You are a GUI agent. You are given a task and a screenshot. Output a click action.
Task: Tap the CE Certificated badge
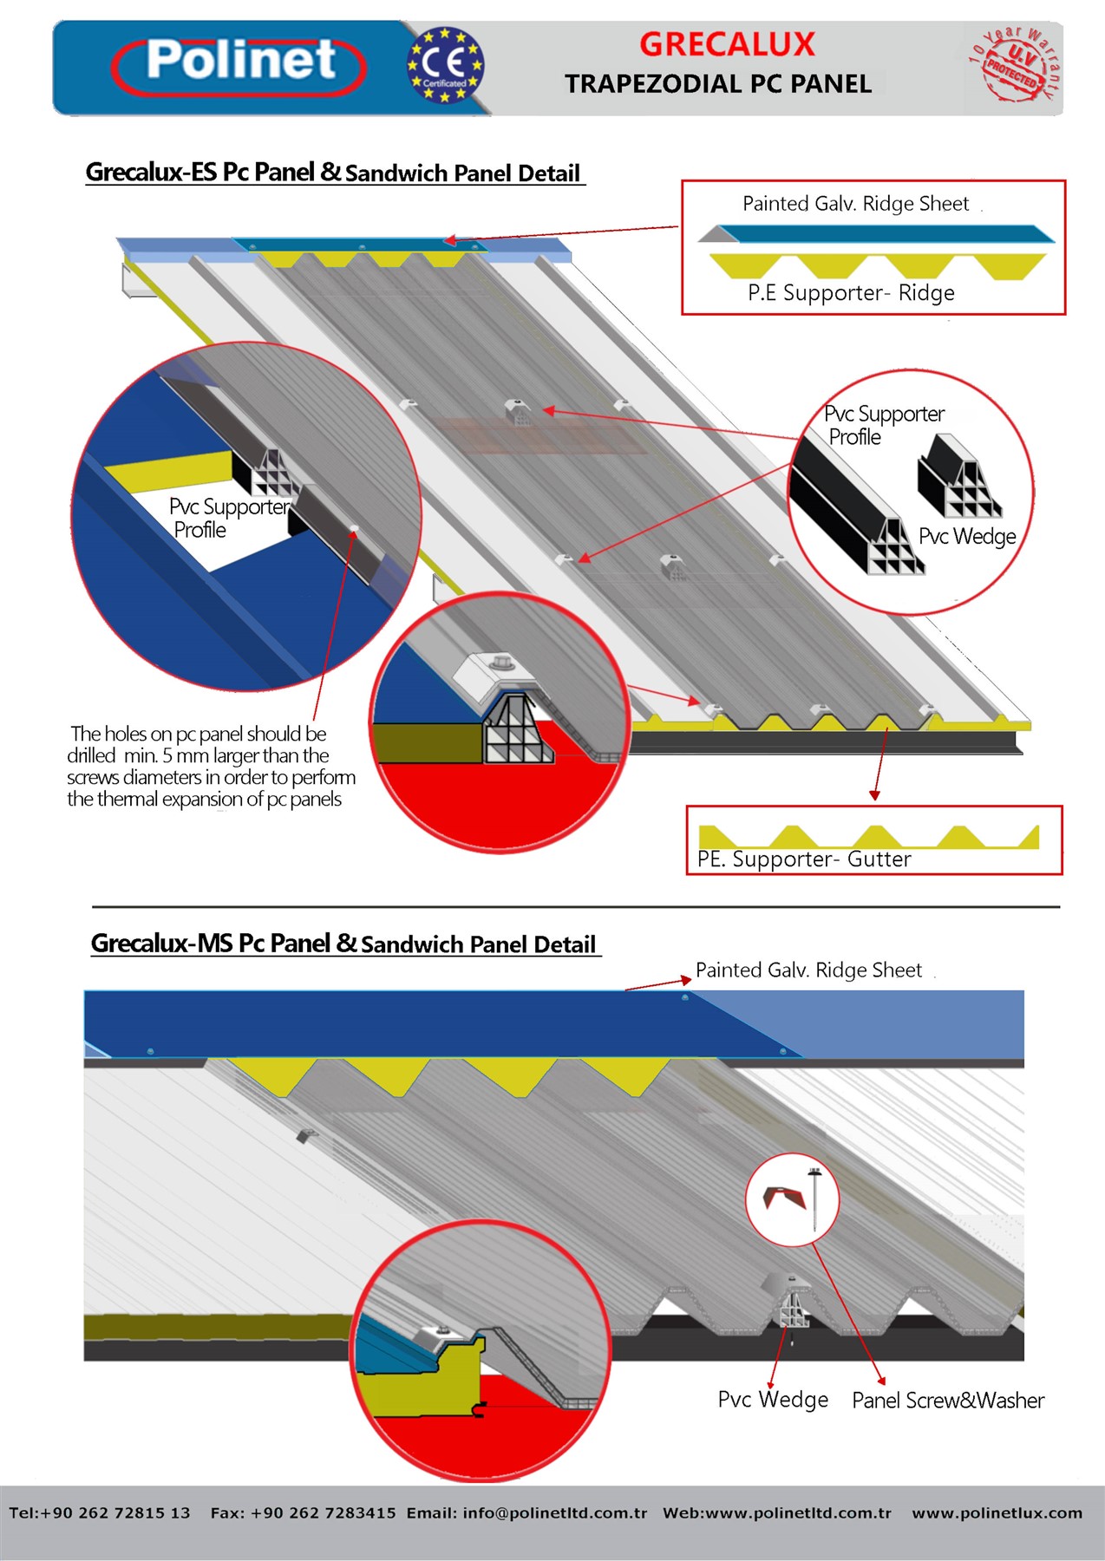[445, 65]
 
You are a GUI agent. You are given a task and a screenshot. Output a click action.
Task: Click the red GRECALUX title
[727, 43]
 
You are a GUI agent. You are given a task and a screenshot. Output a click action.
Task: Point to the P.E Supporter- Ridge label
[851, 293]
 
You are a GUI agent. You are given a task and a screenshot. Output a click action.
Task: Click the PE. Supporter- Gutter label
[804, 859]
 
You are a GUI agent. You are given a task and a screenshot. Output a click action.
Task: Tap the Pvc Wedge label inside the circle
[967, 537]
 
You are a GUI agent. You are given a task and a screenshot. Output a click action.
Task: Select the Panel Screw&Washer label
[948, 1400]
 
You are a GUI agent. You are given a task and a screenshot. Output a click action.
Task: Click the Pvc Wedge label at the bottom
[773, 1400]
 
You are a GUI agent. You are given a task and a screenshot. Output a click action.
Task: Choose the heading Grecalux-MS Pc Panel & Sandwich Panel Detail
[344, 943]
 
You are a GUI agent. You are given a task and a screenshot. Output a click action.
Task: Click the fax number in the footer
[303, 1512]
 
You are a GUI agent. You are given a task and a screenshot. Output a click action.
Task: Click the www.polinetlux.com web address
[997, 1512]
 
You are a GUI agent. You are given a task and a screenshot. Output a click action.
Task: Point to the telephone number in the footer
[100, 1512]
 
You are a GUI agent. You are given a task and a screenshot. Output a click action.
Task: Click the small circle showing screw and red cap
[792, 1199]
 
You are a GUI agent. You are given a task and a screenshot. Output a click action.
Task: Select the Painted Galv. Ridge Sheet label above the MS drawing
[808, 970]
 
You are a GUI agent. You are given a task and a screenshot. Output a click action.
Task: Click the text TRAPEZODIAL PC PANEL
[718, 83]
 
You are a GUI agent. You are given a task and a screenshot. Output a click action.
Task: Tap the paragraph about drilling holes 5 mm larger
[211, 766]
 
